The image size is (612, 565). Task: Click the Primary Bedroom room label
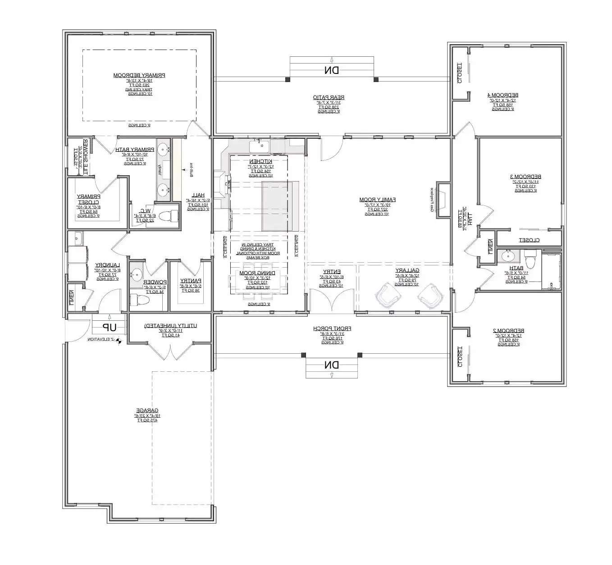(139, 75)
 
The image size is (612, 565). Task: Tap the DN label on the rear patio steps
(332, 70)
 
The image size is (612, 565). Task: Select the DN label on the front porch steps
(332, 365)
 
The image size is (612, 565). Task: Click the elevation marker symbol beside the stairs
(119, 341)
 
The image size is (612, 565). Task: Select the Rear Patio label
(329, 97)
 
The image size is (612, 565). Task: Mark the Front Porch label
(332, 329)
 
